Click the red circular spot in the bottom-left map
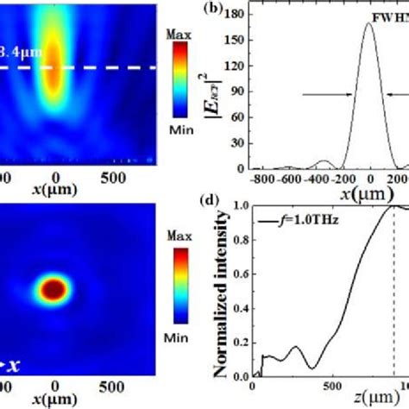pyautogui.click(x=53, y=287)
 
